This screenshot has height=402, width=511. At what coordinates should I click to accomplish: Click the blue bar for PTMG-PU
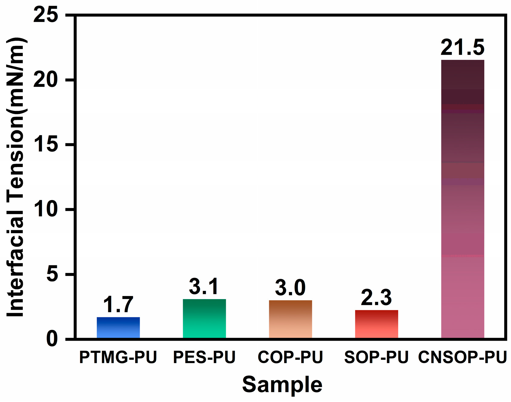(118, 328)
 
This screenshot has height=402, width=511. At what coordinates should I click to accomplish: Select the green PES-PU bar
(204, 319)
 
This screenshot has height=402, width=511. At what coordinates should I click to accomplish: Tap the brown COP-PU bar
(290, 319)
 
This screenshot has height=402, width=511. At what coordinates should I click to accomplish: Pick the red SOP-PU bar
(376, 324)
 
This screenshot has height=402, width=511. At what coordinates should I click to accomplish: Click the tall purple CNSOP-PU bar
(462, 199)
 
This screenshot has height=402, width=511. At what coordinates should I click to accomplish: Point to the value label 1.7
(118, 305)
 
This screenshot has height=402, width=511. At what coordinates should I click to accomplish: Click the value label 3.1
(204, 287)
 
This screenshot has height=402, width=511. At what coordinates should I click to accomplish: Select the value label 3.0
(290, 288)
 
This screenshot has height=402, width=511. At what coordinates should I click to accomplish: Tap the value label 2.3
(376, 298)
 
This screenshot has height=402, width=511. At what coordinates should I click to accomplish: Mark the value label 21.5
(462, 48)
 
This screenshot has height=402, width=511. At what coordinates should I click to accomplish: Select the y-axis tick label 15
(46, 145)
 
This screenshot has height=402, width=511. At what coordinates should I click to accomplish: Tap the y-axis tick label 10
(46, 210)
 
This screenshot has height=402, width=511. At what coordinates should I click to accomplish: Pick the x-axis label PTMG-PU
(118, 357)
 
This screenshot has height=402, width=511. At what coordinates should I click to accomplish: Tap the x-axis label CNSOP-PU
(462, 357)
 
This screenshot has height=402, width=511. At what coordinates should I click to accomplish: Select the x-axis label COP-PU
(290, 357)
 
